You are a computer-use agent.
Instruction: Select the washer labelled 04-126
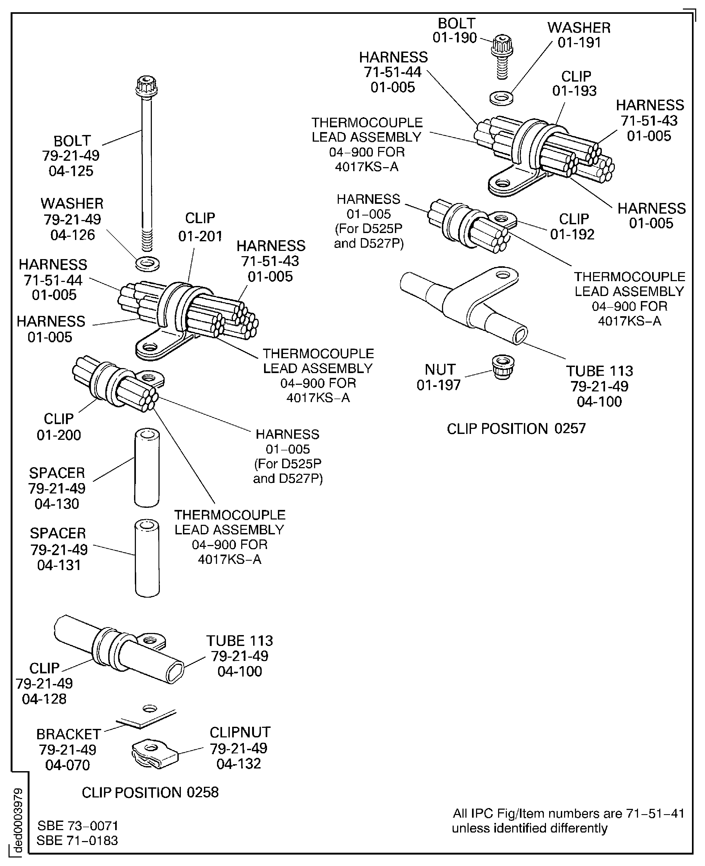tap(147, 264)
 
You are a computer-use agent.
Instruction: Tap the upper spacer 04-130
tap(147, 467)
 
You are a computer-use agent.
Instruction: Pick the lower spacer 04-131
tap(147, 558)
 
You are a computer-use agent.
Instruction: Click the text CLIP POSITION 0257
tap(516, 429)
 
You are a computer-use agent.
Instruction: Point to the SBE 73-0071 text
tap(78, 825)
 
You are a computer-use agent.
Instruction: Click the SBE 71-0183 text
tap(77, 840)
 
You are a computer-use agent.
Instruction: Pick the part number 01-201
tap(200, 236)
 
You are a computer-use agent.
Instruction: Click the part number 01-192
tap(572, 234)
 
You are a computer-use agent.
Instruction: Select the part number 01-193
tap(574, 91)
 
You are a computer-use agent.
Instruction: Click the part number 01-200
tap(59, 435)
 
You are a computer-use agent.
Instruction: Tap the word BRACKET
tap(69, 734)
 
